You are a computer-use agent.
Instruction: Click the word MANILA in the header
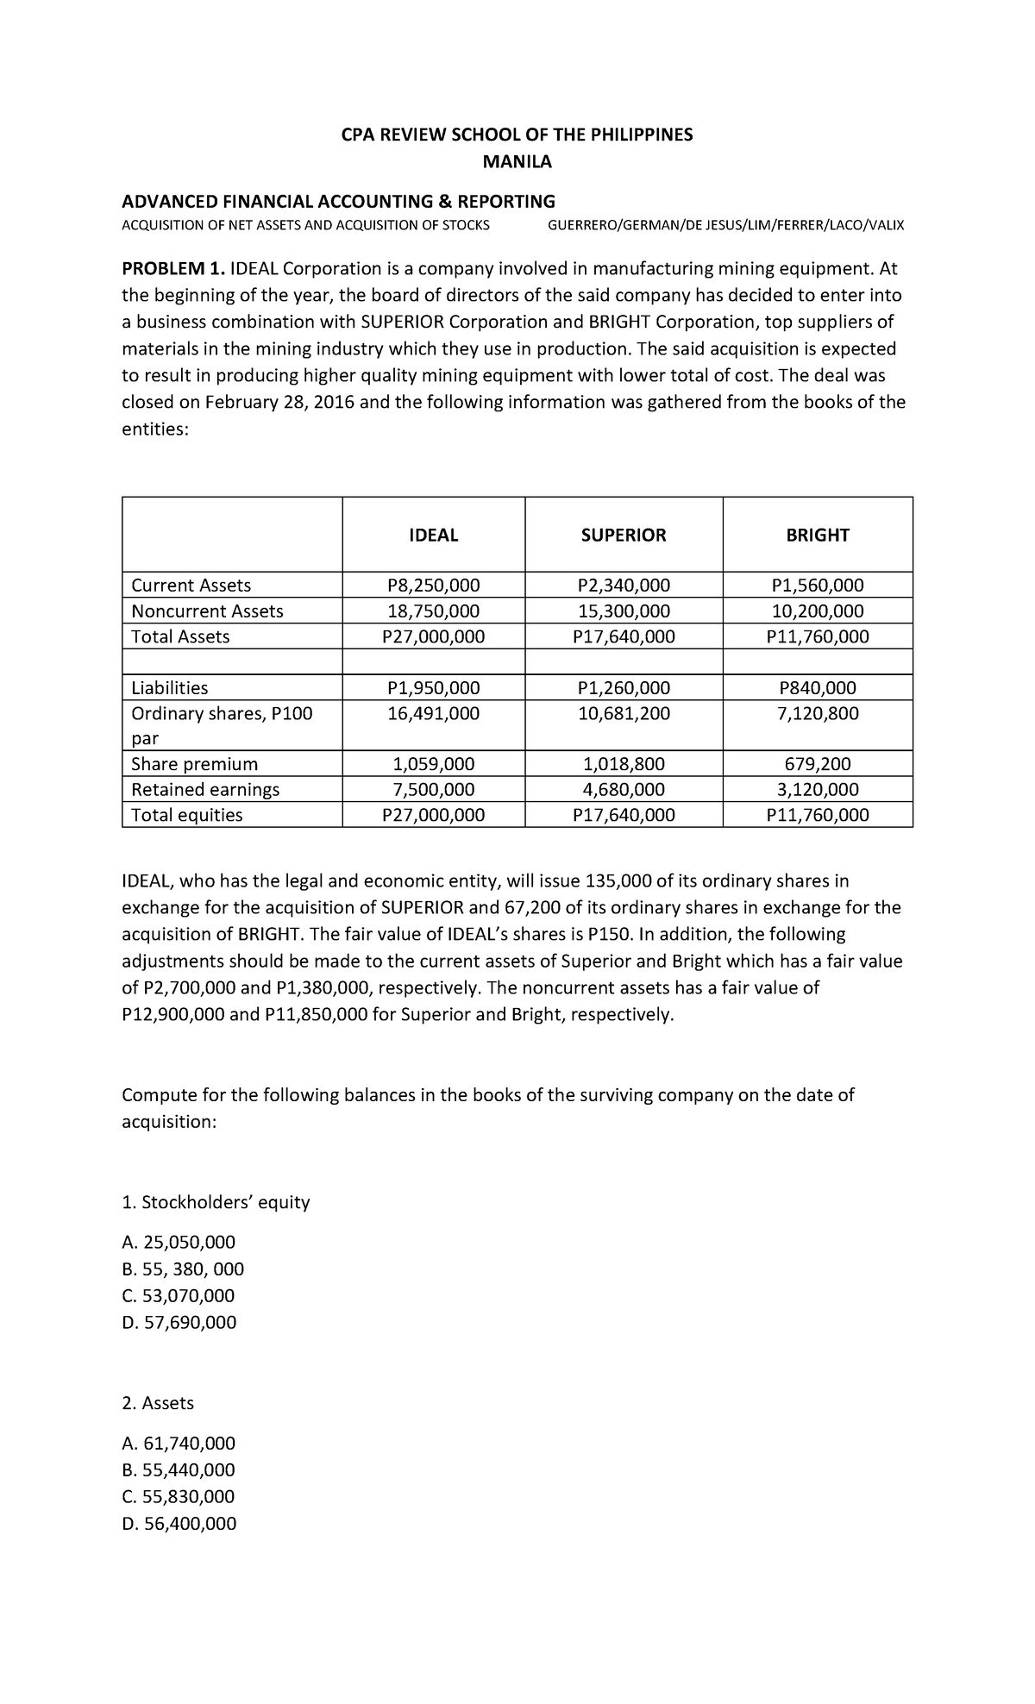pos(517,161)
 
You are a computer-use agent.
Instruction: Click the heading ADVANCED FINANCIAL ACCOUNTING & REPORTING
pos(338,202)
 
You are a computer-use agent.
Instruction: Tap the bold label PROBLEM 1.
pos(172,268)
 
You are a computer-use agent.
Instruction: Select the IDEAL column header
pos(433,536)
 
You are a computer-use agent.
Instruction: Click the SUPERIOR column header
pos(623,536)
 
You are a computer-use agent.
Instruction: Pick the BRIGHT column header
pos(817,536)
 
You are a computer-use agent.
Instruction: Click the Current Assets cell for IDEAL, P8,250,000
pos(433,586)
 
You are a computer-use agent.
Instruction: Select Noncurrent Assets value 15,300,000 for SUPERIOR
pos(623,611)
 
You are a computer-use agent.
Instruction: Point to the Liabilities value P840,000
pos(817,688)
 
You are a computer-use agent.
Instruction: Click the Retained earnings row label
pos(205,790)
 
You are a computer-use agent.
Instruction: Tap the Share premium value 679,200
pos(817,764)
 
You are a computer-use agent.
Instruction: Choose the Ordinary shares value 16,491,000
pos(433,714)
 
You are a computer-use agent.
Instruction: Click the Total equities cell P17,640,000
pos(623,815)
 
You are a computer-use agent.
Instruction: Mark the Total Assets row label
pos(180,637)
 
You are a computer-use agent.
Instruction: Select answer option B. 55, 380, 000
pos(183,1269)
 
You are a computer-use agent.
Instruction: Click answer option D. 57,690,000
pos(179,1323)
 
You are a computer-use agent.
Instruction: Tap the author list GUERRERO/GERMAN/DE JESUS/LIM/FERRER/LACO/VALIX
pos(726,226)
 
